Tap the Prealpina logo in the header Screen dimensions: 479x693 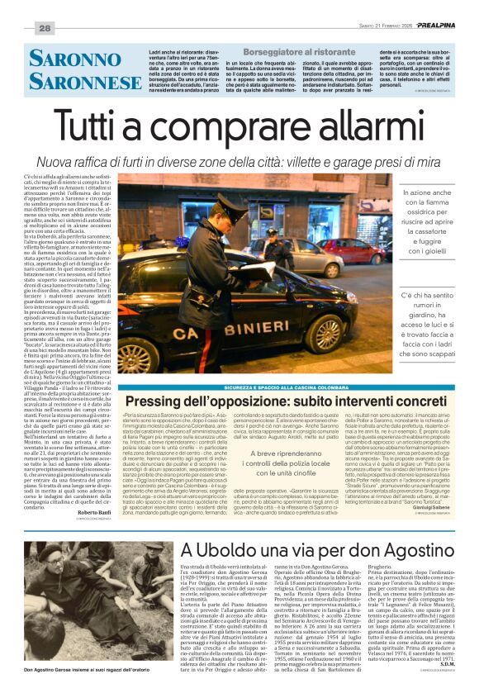[x=450, y=26]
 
